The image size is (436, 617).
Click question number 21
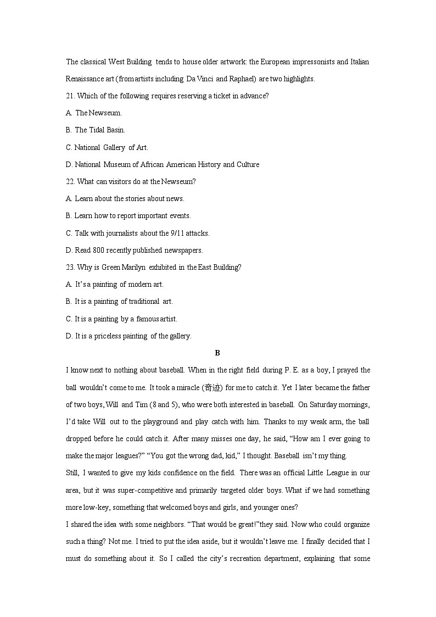(x=70, y=96)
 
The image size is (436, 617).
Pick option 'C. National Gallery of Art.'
(x=107, y=147)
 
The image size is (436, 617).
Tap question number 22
(x=70, y=182)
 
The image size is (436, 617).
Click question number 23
(x=70, y=268)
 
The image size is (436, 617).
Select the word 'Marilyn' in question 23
(x=133, y=268)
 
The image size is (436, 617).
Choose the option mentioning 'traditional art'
(x=119, y=302)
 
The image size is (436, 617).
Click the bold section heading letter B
(x=217, y=353)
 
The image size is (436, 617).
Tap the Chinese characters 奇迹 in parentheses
(x=213, y=388)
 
